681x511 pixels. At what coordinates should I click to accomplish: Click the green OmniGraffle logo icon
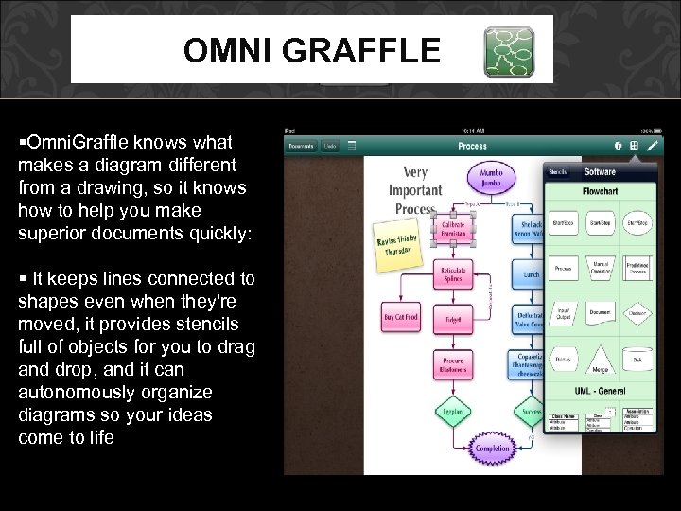tap(509, 51)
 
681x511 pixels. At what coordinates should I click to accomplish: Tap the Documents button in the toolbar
tap(301, 146)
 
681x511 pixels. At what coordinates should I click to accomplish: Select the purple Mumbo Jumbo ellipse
tap(491, 179)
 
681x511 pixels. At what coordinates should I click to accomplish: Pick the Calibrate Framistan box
tap(453, 228)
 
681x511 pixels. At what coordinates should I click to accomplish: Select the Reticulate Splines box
tap(453, 274)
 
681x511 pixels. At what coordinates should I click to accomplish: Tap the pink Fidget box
tap(453, 320)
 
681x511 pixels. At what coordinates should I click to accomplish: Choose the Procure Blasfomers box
tap(453, 365)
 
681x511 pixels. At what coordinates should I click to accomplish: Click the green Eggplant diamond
tap(453, 413)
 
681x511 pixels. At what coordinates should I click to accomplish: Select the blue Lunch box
tap(531, 274)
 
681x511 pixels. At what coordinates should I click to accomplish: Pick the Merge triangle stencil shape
tap(601, 362)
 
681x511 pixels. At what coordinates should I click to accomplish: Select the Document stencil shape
tap(601, 311)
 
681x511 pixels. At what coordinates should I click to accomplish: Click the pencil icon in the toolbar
tap(653, 146)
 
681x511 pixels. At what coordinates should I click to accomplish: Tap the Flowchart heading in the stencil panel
tap(600, 190)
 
